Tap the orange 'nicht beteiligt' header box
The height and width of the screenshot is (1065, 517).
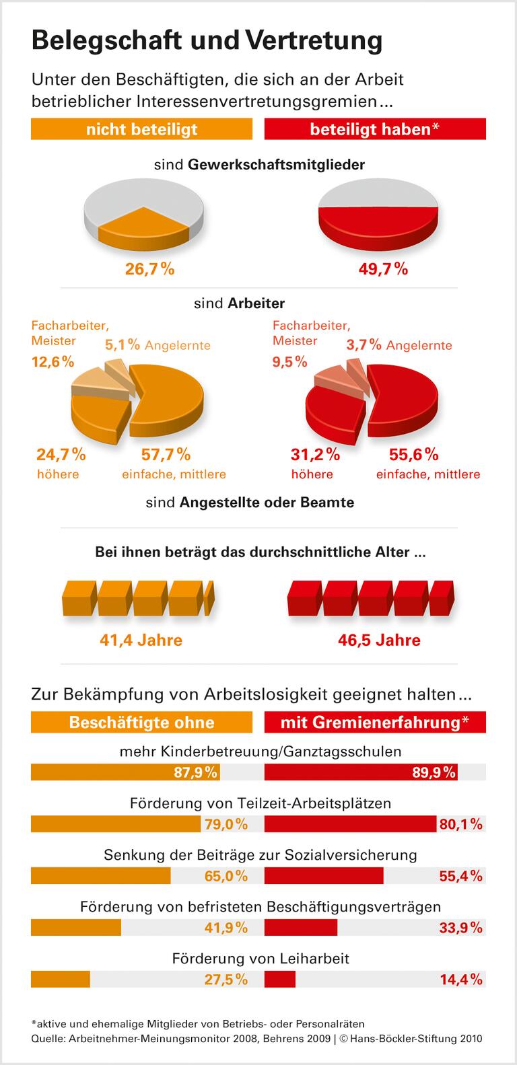pos(141,129)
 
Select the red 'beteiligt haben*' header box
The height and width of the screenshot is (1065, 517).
pos(375,129)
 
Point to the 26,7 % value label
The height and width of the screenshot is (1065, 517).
pos(149,269)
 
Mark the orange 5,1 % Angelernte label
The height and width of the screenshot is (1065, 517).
pos(158,345)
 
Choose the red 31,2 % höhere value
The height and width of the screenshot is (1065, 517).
pos(314,455)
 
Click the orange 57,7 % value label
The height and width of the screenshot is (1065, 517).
pos(165,455)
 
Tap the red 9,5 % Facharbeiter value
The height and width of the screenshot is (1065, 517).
pos(289,362)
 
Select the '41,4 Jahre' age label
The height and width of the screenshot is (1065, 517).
pos(141,639)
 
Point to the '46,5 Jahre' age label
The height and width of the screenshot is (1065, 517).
pos(379,639)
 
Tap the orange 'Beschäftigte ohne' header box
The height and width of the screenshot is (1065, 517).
pos(141,723)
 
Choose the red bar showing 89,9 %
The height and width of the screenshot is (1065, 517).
pos(361,772)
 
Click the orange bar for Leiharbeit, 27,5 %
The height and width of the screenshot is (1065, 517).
pos(61,979)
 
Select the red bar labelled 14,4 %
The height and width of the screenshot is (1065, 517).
pos(280,979)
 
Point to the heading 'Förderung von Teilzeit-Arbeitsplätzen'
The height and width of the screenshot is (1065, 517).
pos(260,803)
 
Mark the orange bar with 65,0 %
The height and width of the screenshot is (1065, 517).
pos(101,875)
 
